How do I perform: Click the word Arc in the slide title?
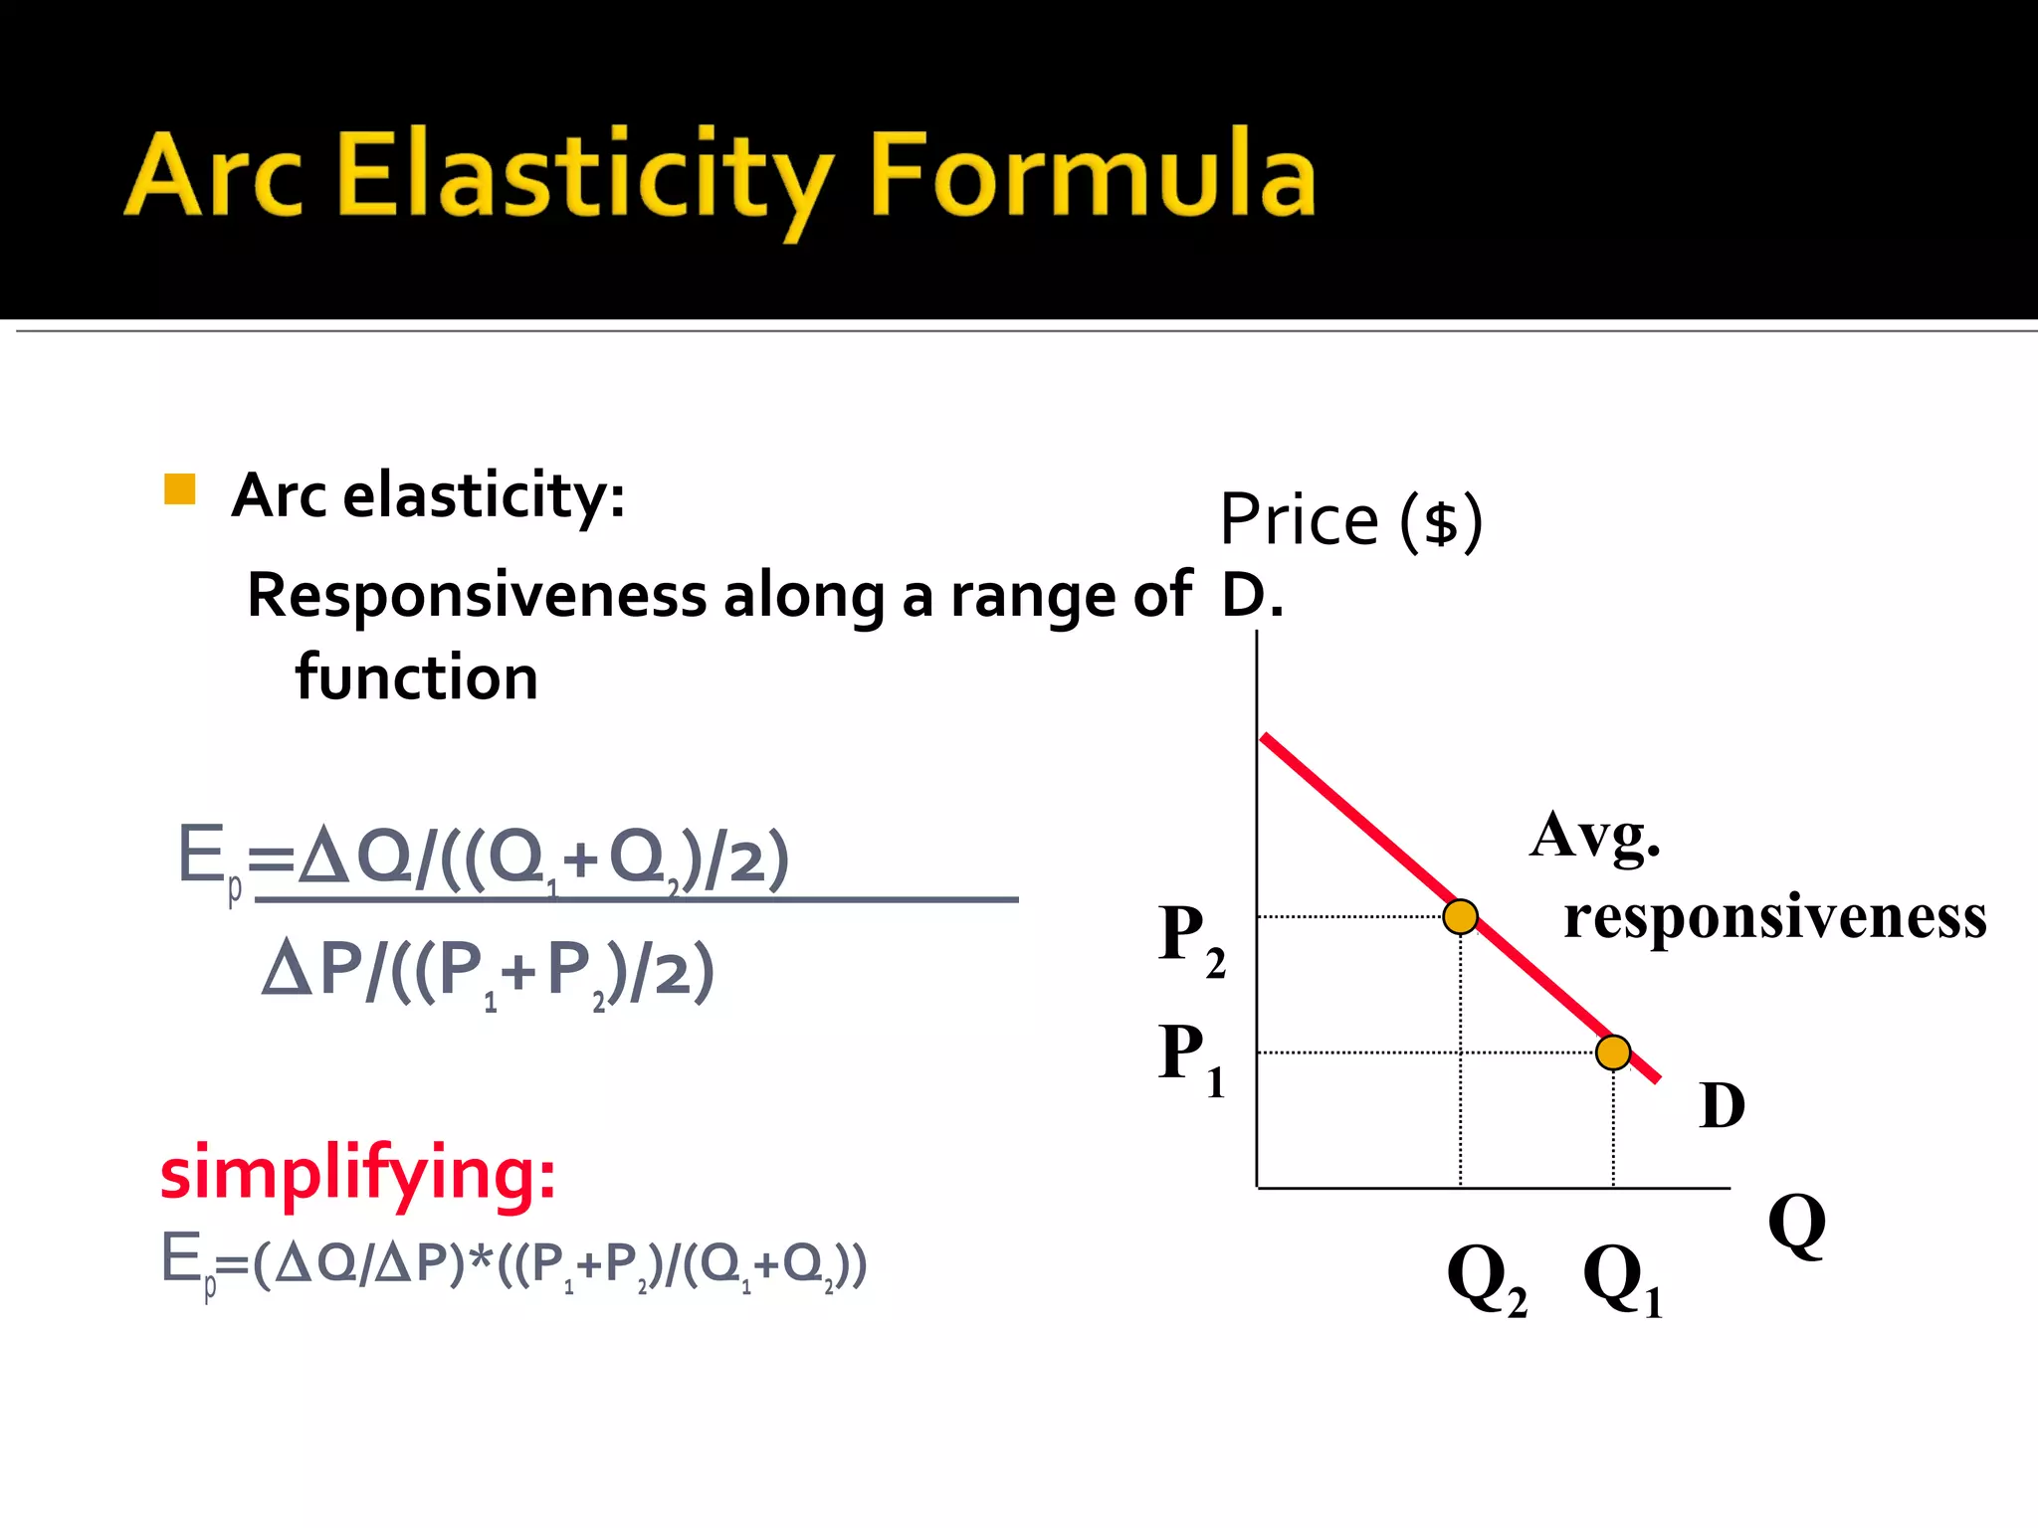[213, 176]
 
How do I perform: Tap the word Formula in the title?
[1092, 176]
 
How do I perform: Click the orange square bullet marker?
[179, 489]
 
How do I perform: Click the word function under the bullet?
[416, 677]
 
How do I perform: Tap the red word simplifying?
[357, 1174]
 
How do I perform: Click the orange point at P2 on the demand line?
[1460, 916]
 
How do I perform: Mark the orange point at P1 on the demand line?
[1612, 1051]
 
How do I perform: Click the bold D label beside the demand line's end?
[1722, 1105]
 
